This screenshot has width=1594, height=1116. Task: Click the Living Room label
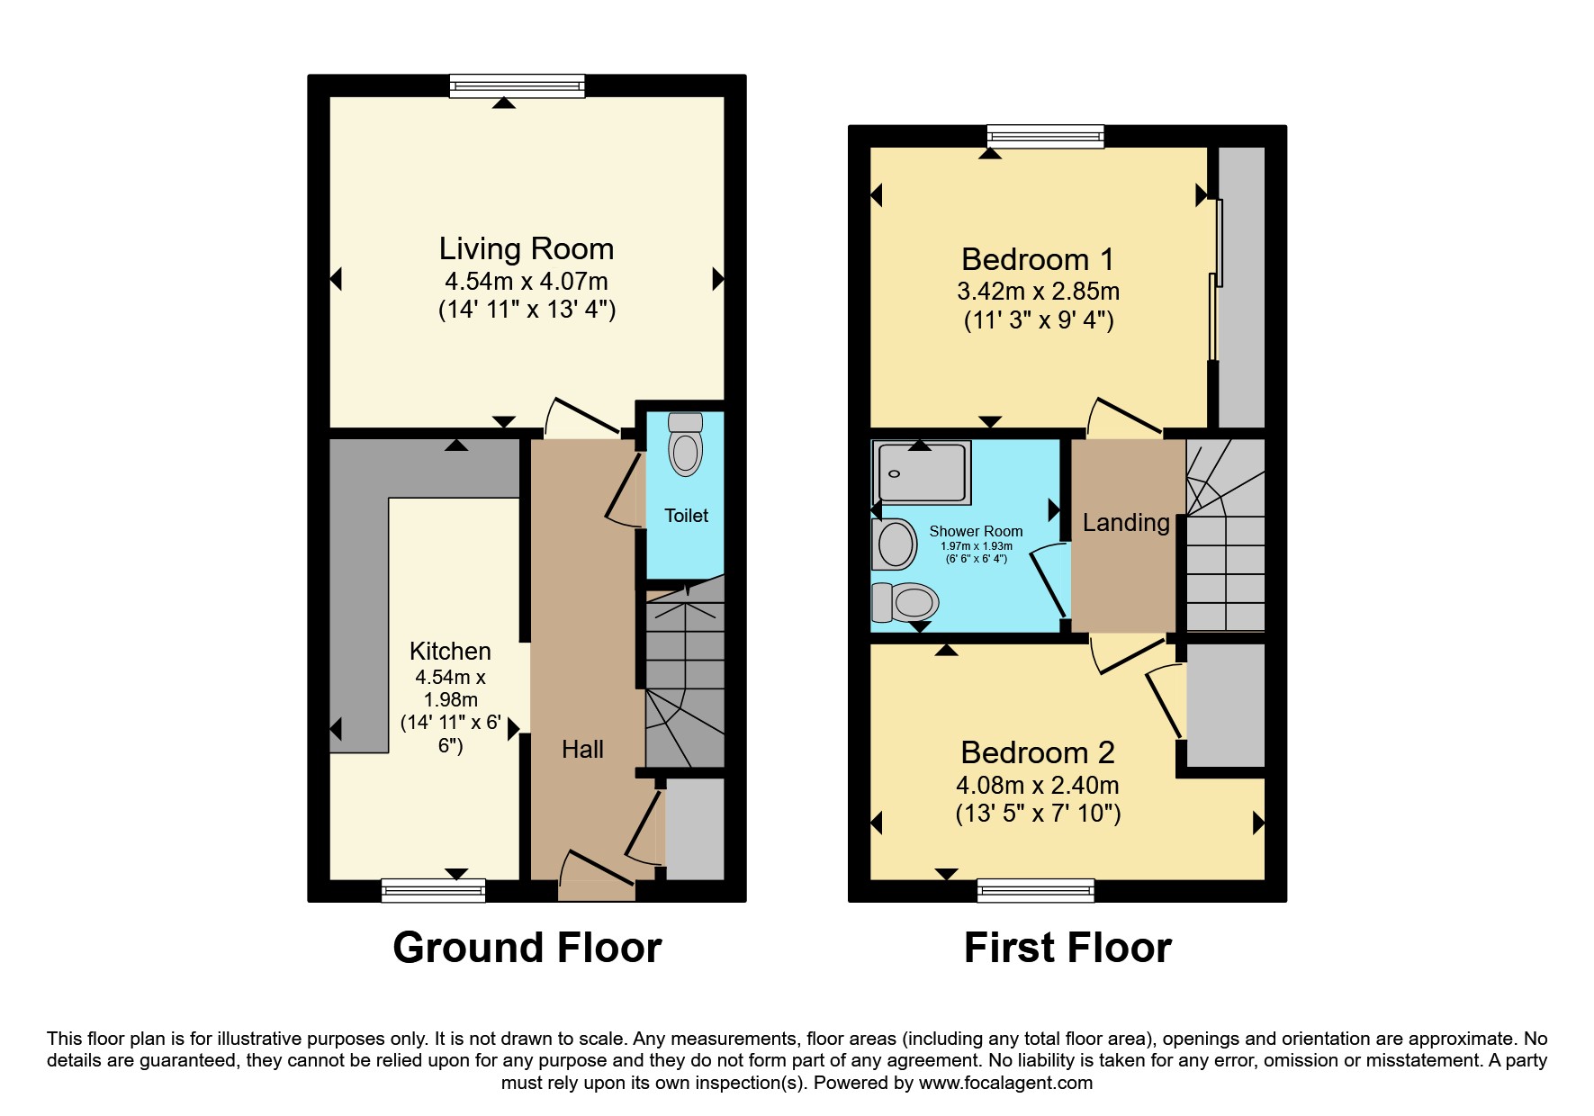tap(526, 249)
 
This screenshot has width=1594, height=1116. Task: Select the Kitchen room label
tap(450, 651)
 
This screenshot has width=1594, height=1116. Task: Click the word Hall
tap(582, 749)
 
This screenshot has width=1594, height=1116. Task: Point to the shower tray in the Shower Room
tap(923, 472)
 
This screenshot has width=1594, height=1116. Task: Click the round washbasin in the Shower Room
tap(896, 544)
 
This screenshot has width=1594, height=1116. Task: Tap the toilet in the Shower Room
tap(907, 601)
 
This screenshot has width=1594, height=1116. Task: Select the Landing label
tap(1125, 522)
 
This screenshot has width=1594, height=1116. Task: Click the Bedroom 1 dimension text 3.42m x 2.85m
tap(1038, 292)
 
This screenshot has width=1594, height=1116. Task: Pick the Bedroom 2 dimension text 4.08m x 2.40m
tap(1037, 785)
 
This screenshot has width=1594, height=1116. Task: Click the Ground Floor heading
tap(527, 948)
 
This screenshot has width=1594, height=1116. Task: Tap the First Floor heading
tap(1067, 948)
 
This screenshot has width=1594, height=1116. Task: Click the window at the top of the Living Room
tap(518, 86)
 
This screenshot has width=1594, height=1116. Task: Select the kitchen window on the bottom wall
tap(434, 891)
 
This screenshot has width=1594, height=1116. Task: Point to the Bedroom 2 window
tap(1036, 891)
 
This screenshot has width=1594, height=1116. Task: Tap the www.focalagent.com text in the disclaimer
tap(1004, 1083)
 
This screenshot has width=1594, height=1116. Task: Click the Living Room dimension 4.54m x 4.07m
tap(526, 281)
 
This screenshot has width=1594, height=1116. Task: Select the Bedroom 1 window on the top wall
tap(1045, 137)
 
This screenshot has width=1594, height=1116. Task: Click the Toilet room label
tap(686, 516)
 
